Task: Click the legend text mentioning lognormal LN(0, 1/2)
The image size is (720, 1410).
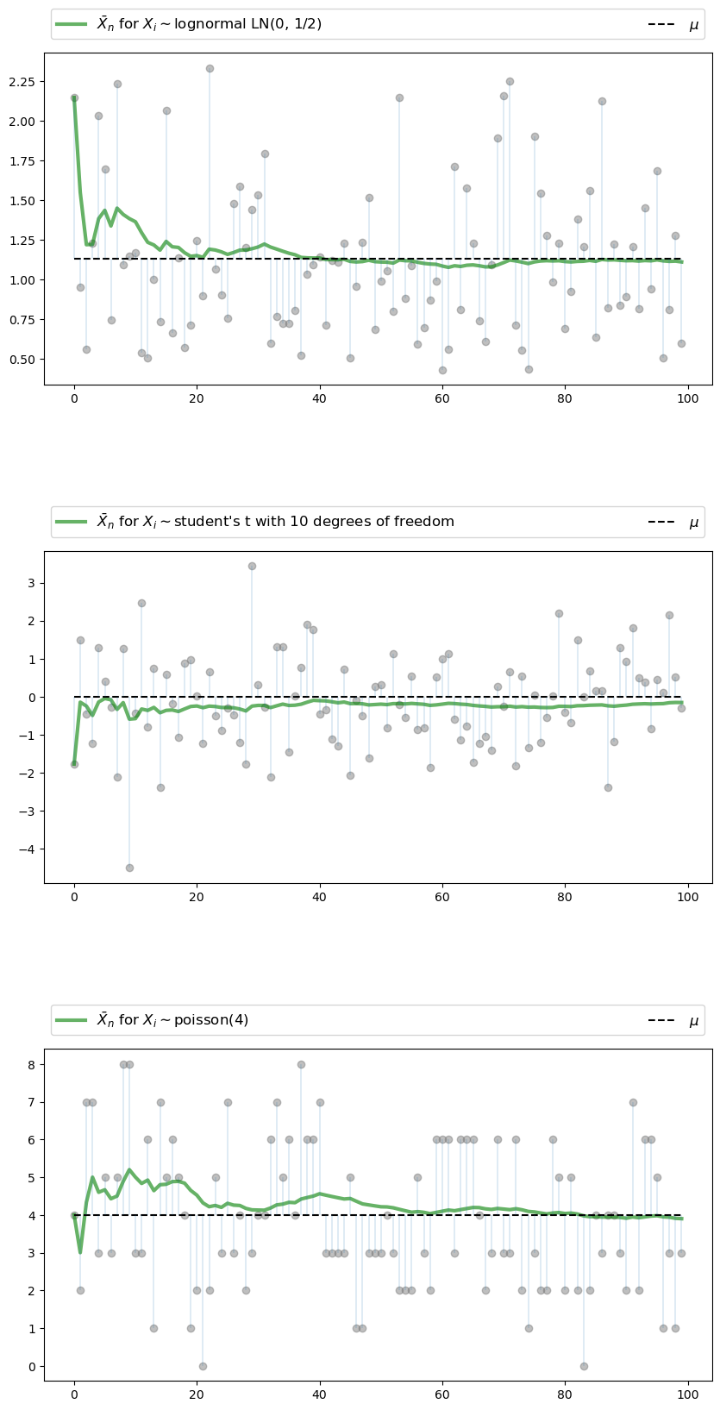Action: click(209, 24)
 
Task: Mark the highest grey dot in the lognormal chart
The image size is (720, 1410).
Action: click(210, 68)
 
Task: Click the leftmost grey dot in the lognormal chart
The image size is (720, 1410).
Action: click(74, 97)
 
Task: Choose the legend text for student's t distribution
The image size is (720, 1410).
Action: click(275, 522)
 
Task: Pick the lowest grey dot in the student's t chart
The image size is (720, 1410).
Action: click(129, 868)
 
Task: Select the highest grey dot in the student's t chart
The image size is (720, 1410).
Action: click(252, 566)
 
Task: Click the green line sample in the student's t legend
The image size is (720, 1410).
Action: click(71, 522)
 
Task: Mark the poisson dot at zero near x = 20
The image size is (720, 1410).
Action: click(203, 1366)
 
